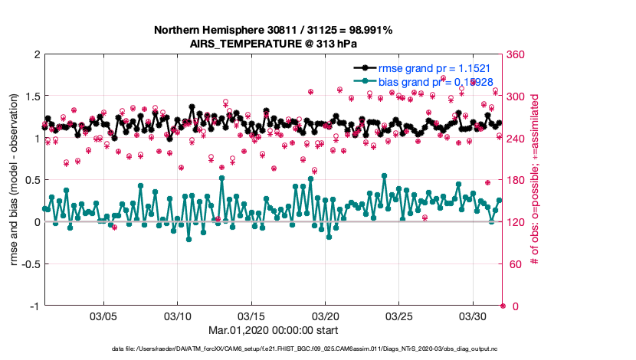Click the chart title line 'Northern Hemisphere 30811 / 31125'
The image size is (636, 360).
pyautogui.click(x=274, y=31)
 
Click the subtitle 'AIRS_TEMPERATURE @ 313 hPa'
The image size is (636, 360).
pyautogui.click(x=274, y=44)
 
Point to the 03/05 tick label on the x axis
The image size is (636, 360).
pyautogui.click(x=103, y=316)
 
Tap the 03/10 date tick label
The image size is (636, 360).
pyautogui.click(x=178, y=316)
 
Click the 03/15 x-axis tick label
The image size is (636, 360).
pyautogui.click(x=251, y=316)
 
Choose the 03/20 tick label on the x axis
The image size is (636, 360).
pyautogui.click(x=326, y=316)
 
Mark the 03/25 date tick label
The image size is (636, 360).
pyautogui.click(x=399, y=316)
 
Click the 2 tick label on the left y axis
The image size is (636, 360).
pyautogui.click(x=35, y=55)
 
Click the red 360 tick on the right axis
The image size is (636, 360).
pyautogui.click(x=517, y=55)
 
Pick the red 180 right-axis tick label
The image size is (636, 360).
pyautogui.click(x=517, y=180)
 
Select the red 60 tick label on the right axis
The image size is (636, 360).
pyautogui.click(x=514, y=264)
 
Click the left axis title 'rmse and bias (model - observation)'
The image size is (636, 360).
pyautogui.click(x=15, y=180)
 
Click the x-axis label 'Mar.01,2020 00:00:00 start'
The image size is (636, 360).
pyautogui.click(x=274, y=330)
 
